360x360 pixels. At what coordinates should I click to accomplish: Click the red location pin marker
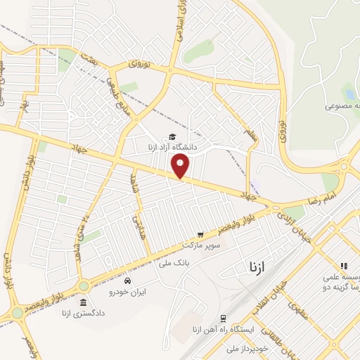coord(181,167)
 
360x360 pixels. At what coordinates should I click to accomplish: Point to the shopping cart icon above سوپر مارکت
coord(200,234)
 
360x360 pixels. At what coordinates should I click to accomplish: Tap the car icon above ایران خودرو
coord(127,280)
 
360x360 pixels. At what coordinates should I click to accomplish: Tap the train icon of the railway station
coord(223,318)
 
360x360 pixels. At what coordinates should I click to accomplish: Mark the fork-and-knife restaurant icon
coord(344,266)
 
